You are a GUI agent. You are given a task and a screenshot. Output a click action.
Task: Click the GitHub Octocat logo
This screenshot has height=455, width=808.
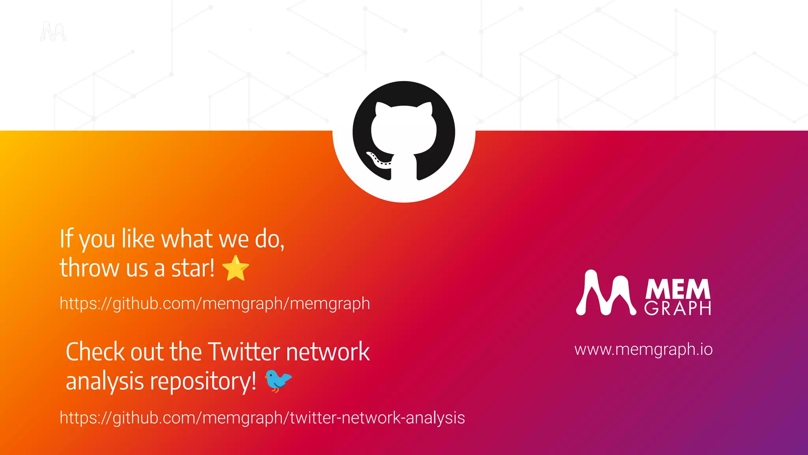click(x=404, y=132)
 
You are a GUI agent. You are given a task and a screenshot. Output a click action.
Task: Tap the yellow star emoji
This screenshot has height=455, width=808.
click(x=236, y=268)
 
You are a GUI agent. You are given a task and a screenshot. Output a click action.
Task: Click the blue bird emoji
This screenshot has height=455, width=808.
click(x=278, y=381)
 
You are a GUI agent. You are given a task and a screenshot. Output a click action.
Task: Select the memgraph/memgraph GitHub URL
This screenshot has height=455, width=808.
click(x=215, y=304)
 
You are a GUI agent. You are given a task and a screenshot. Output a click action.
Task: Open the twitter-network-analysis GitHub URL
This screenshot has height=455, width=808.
click(x=262, y=418)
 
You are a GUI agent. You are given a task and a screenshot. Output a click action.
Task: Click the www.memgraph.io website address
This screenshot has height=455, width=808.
click(x=643, y=350)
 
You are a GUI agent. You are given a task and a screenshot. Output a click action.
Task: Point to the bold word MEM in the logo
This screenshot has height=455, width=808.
click(x=677, y=289)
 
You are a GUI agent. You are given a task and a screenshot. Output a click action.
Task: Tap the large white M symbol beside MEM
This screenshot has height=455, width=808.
click(x=606, y=293)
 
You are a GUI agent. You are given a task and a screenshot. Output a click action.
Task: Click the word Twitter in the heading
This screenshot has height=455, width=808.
click(x=244, y=352)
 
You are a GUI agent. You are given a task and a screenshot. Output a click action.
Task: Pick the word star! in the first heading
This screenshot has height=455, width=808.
click(x=193, y=269)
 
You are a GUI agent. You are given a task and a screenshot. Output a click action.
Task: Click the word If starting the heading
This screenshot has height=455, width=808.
click(x=66, y=239)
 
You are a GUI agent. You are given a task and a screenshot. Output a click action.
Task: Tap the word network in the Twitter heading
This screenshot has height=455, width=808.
click(x=328, y=352)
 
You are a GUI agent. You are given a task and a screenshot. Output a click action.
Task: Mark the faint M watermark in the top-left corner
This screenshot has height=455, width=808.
click(x=53, y=32)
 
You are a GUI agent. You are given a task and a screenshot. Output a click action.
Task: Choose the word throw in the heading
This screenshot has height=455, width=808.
click(x=90, y=269)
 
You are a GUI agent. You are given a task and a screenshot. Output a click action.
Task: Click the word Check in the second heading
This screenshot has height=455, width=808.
click(x=95, y=352)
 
